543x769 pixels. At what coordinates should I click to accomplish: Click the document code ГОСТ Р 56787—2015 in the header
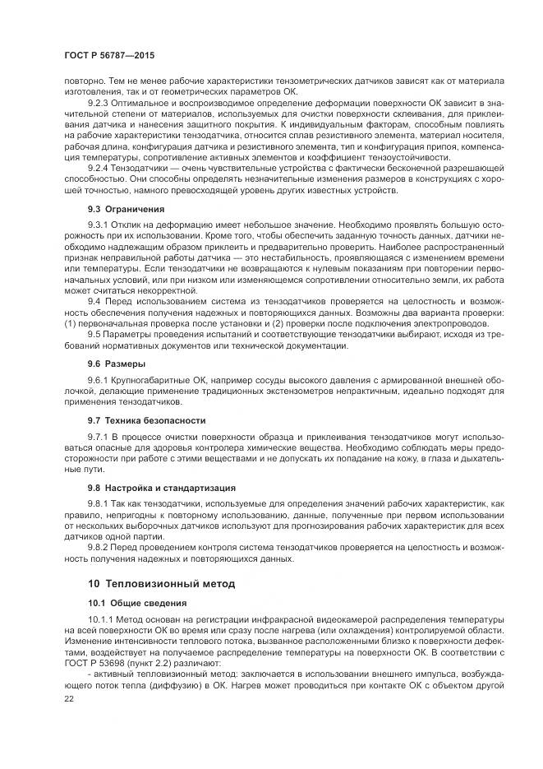click(x=109, y=54)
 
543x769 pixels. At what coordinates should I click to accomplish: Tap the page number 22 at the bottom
click(x=68, y=698)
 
